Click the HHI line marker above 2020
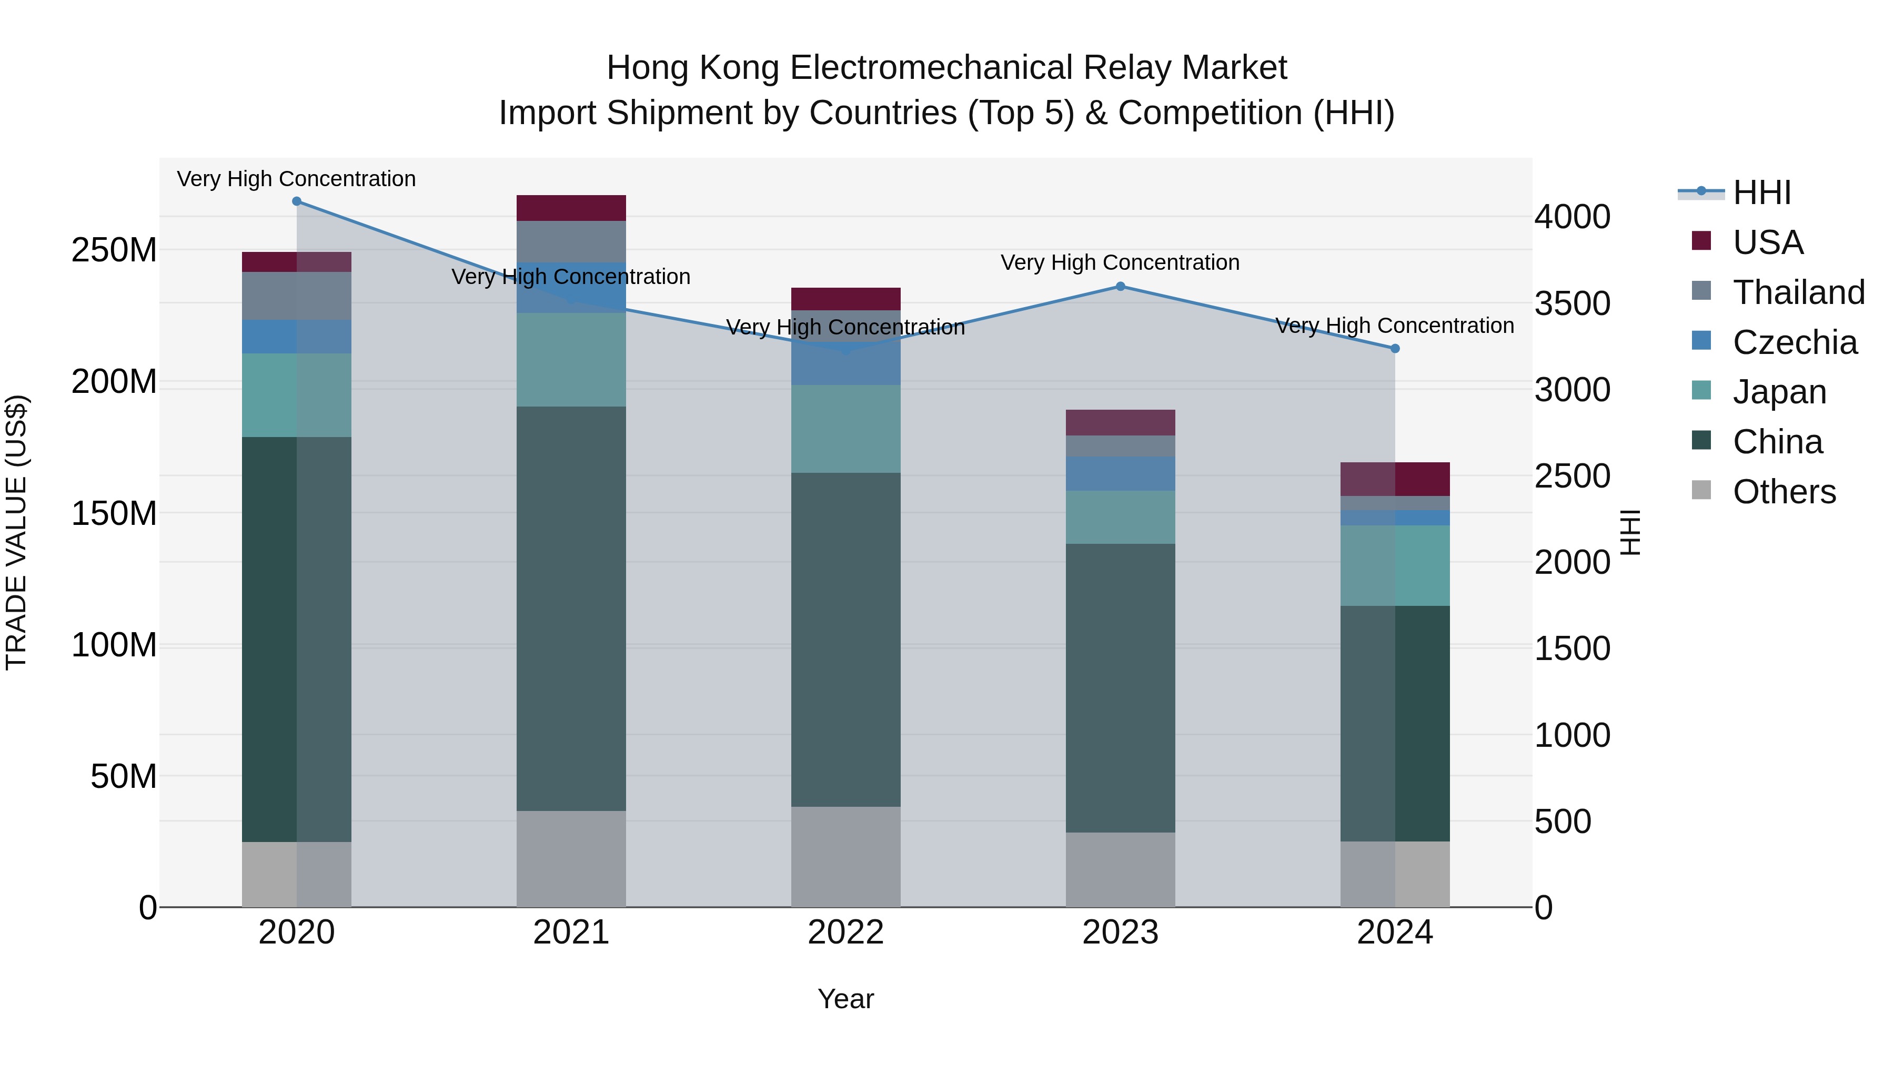[x=296, y=201]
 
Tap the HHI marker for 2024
[x=1395, y=348]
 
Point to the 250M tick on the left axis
[x=114, y=251]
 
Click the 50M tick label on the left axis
[x=124, y=776]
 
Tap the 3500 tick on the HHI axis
[x=1572, y=303]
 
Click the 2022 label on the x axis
[x=845, y=932]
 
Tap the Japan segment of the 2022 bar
[x=845, y=429]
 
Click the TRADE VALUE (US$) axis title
[x=16, y=532]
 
